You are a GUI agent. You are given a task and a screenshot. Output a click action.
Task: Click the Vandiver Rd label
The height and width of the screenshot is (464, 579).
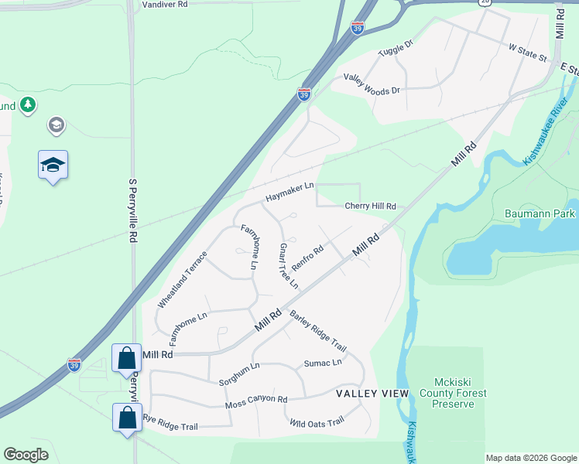pyautogui.click(x=165, y=4)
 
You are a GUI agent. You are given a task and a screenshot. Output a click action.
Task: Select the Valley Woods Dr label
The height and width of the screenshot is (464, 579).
pyautogui.click(x=372, y=84)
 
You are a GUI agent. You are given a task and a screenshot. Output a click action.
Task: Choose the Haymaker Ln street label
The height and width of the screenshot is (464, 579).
pyautogui.click(x=289, y=192)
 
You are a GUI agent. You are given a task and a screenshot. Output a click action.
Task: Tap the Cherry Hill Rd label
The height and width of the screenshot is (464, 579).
pyautogui.click(x=370, y=206)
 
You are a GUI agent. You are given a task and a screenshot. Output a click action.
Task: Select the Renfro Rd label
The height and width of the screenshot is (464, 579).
pyautogui.click(x=307, y=254)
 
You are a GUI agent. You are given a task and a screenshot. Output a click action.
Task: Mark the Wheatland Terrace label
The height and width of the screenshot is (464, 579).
pyautogui.click(x=183, y=279)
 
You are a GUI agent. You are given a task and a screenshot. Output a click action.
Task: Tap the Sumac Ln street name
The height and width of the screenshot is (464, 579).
pyautogui.click(x=323, y=363)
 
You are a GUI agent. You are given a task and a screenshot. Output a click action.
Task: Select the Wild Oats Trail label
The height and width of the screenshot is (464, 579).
pyautogui.click(x=317, y=422)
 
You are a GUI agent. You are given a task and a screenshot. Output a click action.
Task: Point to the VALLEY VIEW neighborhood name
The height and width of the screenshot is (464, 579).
pyautogui.click(x=372, y=394)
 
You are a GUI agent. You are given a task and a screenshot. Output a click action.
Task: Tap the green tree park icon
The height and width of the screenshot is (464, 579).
pyautogui.click(x=28, y=104)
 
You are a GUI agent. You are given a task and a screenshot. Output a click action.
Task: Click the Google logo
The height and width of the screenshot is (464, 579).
pyautogui.click(x=26, y=455)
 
